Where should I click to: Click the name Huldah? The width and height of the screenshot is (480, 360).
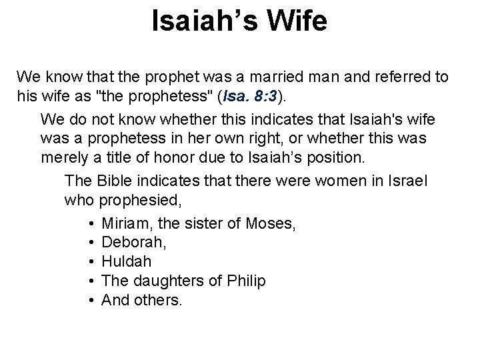coord(124,262)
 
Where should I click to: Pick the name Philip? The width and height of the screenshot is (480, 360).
coord(246,281)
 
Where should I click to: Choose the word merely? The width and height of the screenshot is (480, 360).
coord(63,157)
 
